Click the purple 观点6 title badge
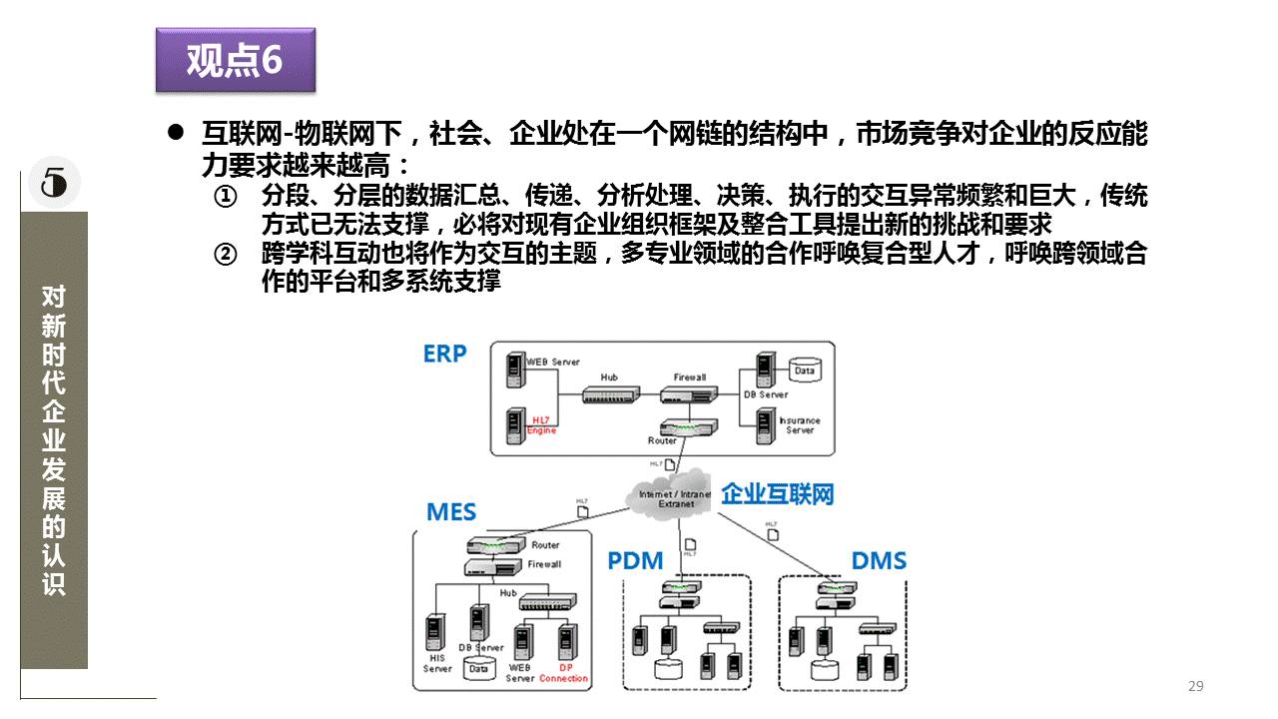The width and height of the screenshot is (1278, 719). pyautogui.click(x=236, y=60)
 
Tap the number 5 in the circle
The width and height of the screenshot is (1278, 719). pyautogui.click(x=54, y=183)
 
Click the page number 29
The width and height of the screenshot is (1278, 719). pyautogui.click(x=1196, y=686)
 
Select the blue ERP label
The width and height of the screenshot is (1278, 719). pyautogui.click(x=444, y=354)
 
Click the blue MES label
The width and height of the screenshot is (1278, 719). pyautogui.click(x=451, y=512)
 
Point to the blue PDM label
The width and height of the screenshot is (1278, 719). pyautogui.click(x=635, y=560)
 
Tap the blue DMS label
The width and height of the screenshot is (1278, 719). pyautogui.click(x=879, y=559)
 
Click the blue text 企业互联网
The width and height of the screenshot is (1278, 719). pyautogui.click(x=777, y=493)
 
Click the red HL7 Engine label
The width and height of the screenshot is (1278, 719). pyautogui.click(x=542, y=424)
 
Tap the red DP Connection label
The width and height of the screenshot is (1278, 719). pyautogui.click(x=564, y=673)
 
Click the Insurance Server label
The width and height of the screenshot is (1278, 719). pyautogui.click(x=800, y=425)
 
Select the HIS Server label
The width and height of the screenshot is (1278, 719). pyautogui.click(x=437, y=664)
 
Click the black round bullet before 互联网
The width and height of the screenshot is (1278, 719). pyautogui.click(x=176, y=134)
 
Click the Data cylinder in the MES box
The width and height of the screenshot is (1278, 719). pyautogui.click(x=479, y=668)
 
